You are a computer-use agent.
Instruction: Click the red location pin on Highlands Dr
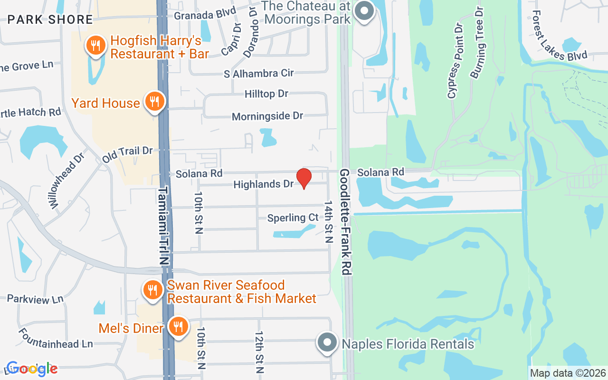304,178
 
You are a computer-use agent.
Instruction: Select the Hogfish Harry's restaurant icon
96,46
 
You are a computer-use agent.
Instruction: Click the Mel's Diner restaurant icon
178,327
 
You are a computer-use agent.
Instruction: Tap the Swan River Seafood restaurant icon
152,290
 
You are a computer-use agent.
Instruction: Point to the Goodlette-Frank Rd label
345,222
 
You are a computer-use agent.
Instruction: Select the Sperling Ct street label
293,218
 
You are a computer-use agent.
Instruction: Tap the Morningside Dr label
267,116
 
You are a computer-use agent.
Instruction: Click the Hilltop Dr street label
266,94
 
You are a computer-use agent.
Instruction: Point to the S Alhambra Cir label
259,73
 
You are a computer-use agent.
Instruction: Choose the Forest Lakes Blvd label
559,37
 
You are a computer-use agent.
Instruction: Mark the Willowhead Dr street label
66,180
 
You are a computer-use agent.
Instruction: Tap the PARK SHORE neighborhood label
50,19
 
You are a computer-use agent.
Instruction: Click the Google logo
32,369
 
